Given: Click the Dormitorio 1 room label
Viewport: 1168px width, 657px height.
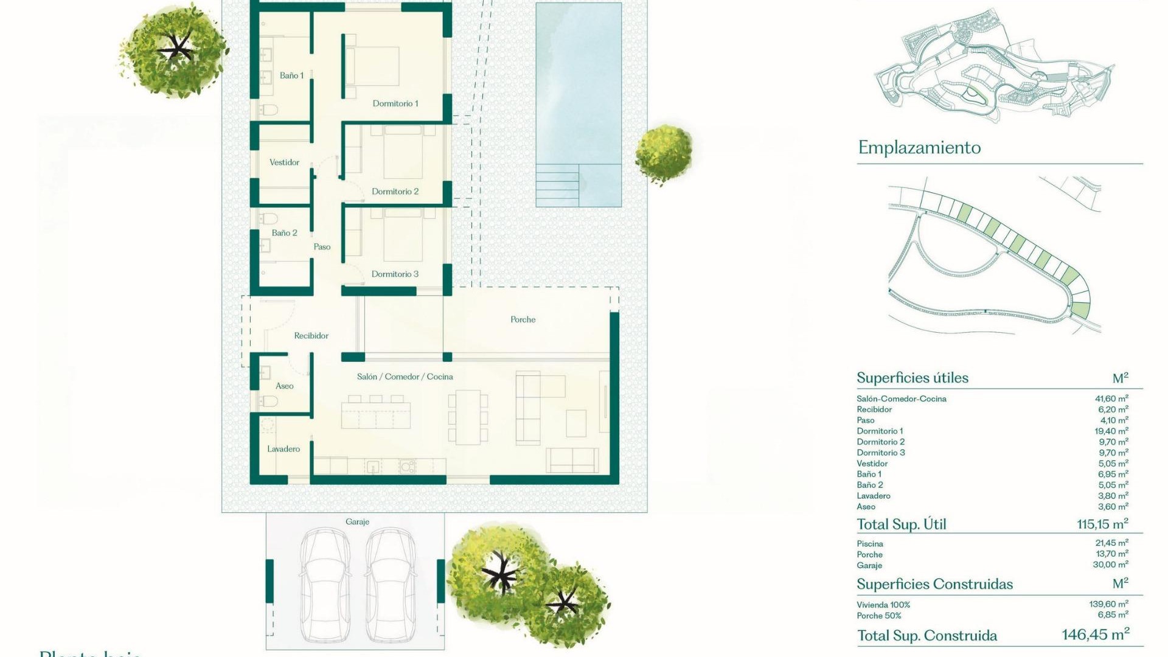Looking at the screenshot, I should coord(395,103).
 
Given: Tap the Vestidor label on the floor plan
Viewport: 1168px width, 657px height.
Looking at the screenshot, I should coord(284,162).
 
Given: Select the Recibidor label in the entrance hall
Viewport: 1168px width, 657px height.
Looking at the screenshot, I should coord(311,336).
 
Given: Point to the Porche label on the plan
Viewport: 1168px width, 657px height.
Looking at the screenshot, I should coord(523,319).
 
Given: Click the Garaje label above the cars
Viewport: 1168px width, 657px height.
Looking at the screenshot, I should coord(357,522).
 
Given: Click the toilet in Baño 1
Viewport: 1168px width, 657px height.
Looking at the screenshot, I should coord(268,110).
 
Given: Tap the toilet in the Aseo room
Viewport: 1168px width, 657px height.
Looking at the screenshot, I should coord(268,401).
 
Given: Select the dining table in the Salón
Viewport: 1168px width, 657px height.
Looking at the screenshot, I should coord(468,417).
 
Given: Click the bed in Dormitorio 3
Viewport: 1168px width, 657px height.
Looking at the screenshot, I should coord(403,235).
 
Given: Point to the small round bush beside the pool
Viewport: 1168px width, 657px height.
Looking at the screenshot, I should coord(664,153).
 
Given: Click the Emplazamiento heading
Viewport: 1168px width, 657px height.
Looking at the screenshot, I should coord(919,148).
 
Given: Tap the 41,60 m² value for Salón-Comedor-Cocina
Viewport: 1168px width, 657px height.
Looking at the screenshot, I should coord(1111,399).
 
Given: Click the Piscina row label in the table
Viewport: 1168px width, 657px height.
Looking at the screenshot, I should coord(870,544).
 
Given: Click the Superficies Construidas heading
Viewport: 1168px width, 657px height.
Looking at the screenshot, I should coord(934,585).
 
